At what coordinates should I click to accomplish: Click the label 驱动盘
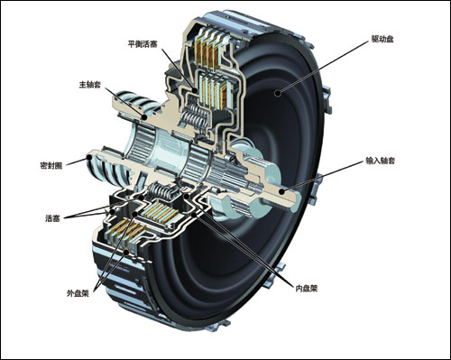click(382, 39)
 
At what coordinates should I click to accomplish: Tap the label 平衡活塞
click(143, 44)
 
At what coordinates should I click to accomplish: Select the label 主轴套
click(89, 85)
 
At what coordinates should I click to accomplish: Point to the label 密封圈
click(51, 165)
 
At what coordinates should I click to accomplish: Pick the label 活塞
click(52, 218)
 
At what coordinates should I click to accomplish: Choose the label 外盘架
click(78, 293)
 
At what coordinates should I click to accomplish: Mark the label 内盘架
click(307, 289)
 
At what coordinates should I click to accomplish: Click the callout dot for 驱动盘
click(278, 94)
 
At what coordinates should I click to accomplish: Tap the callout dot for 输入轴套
click(281, 190)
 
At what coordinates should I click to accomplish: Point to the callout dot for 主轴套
click(144, 117)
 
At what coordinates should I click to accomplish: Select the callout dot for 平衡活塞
click(195, 90)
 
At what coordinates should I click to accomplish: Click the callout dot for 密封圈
click(89, 157)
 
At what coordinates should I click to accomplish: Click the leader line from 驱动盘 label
click(324, 67)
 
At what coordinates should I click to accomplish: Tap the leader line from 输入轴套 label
click(323, 176)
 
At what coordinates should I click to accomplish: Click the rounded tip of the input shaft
click(296, 201)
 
